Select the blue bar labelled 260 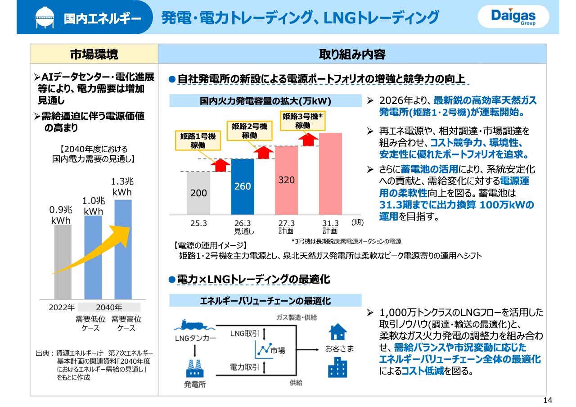coord(243,187)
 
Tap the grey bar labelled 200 coord(198,193)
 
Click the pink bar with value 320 coord(286,181)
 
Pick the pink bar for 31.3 coord(330,174)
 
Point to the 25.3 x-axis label coord(198,223)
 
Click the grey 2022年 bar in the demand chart coord(63,262)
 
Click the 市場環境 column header coord(94,54)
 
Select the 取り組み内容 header coord(352,54)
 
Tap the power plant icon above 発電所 coord(195,368)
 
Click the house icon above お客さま coord(337,332)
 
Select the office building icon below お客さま coord(337,367)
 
